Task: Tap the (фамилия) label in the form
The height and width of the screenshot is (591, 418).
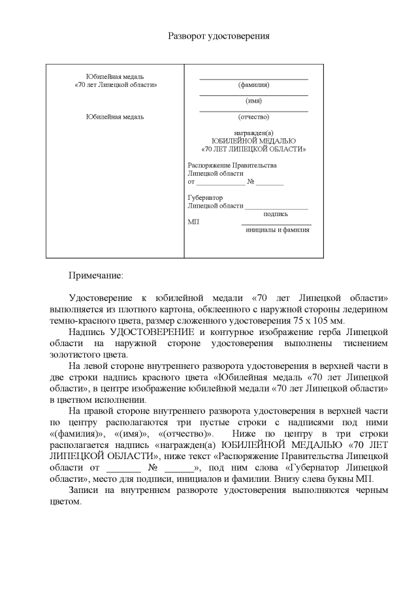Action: point(253,85)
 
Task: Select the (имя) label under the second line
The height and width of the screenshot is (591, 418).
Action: point(253,101)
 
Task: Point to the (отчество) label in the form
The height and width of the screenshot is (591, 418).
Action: point(253,117)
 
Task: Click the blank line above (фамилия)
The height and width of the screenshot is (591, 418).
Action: point(253,78)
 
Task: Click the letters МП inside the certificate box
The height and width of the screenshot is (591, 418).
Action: point(193,222)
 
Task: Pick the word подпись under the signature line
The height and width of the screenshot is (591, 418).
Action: point(276,214)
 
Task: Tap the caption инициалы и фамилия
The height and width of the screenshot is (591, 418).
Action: point(277,230)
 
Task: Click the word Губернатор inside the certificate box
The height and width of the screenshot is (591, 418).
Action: point(205,198)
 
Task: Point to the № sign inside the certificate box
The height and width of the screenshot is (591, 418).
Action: point(251,182)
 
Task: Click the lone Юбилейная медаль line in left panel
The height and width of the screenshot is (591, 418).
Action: point(115,117)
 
